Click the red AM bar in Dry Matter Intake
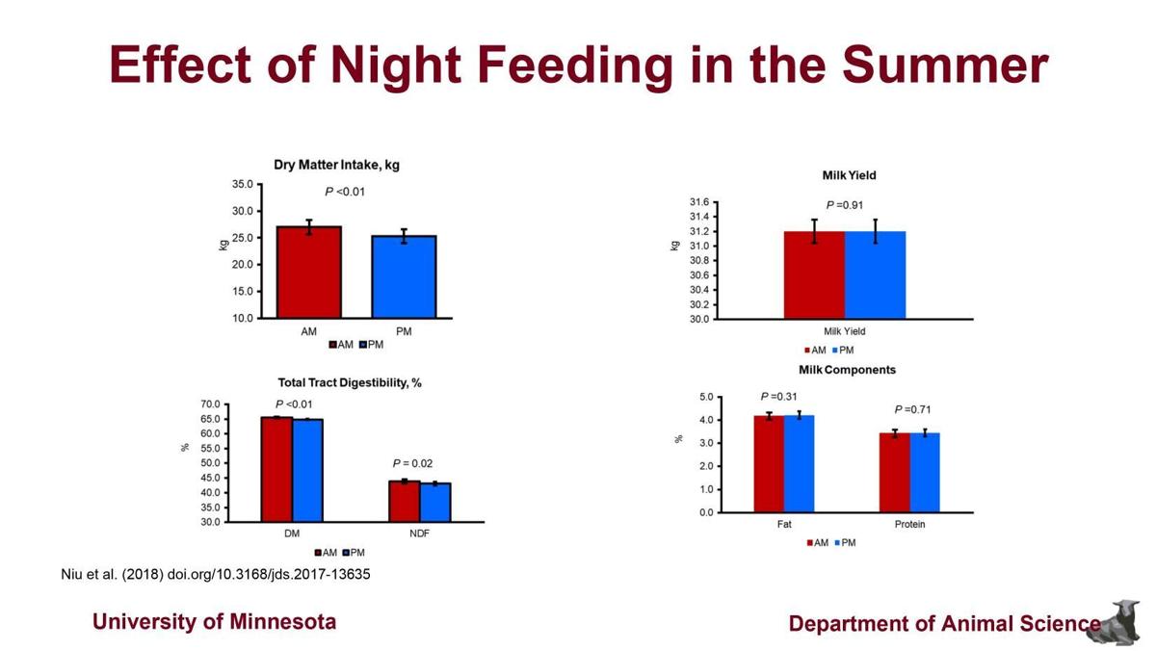(308, 272)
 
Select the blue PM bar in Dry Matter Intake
(404, 276)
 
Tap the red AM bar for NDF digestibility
(405, 501)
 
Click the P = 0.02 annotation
(411, 463)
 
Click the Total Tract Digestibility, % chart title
(350, 382)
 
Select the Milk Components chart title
(847, 370)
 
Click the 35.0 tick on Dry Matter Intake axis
(242, 184)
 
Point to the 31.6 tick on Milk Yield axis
(698, 202)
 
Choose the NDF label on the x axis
(420, 533)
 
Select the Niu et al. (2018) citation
(216, 574)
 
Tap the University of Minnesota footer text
(214, 621)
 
